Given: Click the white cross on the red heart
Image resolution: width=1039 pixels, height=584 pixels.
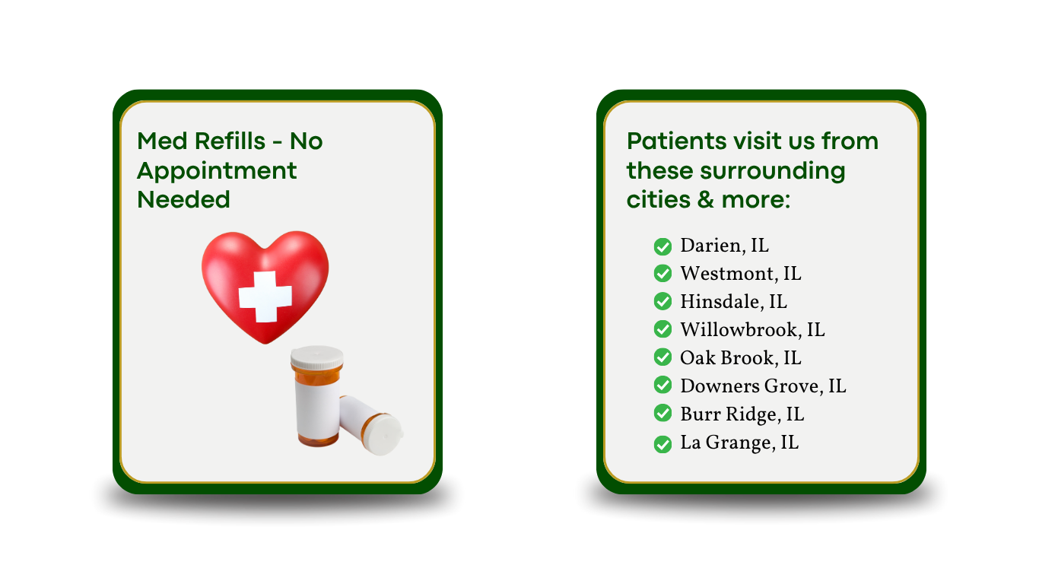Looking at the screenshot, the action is (x=265, y=297).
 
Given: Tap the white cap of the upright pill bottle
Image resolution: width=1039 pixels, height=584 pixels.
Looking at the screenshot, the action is (x=317, y=357).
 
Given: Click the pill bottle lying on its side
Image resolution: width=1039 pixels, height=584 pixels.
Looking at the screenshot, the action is (x=371, y=424).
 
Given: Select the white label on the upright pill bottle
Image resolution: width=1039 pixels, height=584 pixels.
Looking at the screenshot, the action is (x=318, y=408).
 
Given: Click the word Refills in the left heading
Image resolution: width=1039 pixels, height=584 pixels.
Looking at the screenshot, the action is (x=230, y=141).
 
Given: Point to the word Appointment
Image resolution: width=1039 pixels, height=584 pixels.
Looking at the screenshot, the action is (x=217, y=172).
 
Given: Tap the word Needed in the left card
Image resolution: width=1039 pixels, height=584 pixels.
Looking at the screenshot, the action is (x=183, y=199).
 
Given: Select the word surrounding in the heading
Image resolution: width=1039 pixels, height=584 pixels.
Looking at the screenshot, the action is (x=773, y=172).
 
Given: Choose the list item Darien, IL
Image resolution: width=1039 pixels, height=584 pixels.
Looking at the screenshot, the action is (x=725, y=246).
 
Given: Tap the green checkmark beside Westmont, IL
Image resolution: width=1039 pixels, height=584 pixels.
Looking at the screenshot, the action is (x=662, y=274).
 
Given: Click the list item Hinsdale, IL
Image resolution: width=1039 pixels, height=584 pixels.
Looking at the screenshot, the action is (x=734, y=302).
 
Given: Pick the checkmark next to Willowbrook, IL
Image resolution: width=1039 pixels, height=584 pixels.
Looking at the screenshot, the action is (x=662, y=329).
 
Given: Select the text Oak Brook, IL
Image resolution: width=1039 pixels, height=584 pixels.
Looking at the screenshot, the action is (x=741, y=357).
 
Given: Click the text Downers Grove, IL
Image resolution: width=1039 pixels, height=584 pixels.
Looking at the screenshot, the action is (x=764, y=386).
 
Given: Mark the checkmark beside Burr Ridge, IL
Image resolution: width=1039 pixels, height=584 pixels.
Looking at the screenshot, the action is (x=662, y=414).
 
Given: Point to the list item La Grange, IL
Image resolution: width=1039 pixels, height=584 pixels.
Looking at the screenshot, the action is (x=739, y=443).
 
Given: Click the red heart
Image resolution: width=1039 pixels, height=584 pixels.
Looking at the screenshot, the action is (x=265, y=285).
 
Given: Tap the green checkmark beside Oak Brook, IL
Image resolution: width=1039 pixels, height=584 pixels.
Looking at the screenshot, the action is (x=662, y=357).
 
